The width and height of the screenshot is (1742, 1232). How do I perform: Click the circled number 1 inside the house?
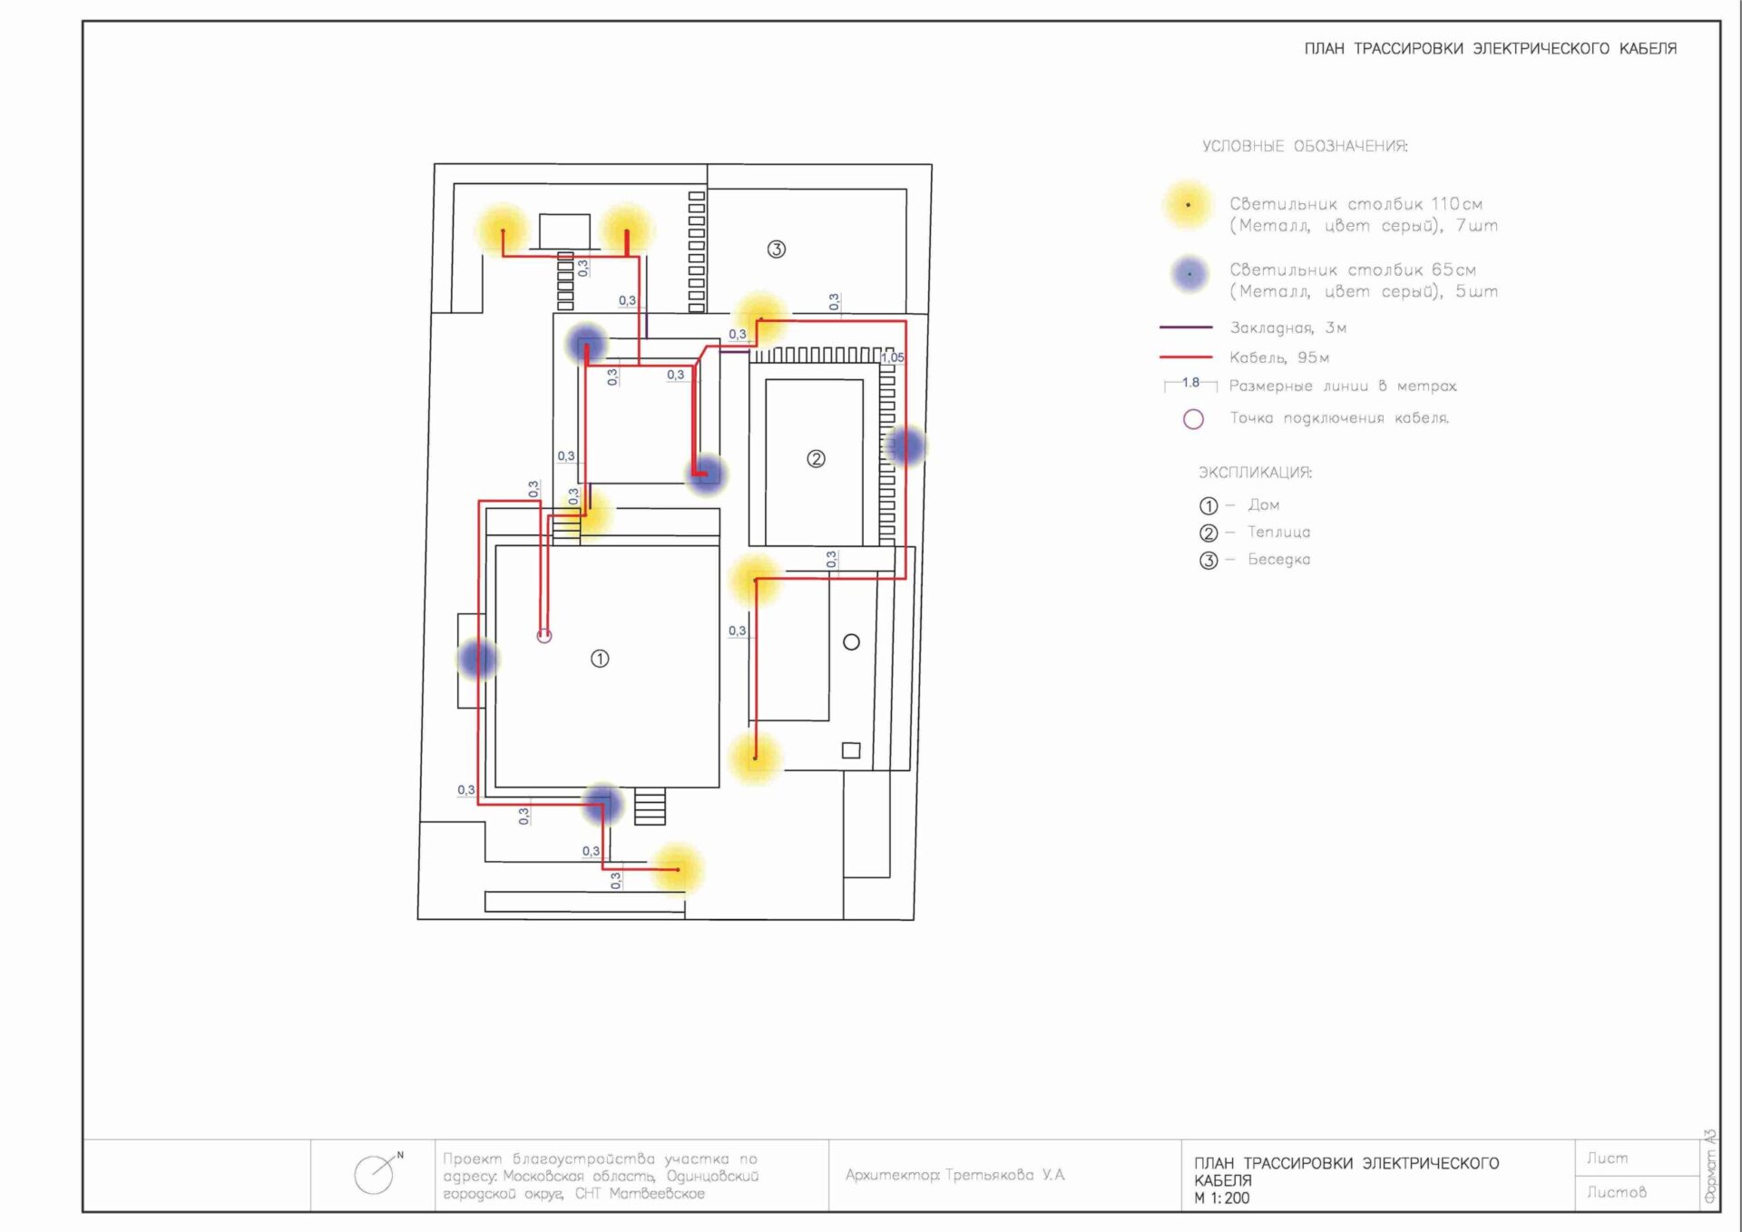point(600,659)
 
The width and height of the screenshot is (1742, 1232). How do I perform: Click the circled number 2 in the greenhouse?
point(816,459)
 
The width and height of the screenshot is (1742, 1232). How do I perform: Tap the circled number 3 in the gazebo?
point(776,249)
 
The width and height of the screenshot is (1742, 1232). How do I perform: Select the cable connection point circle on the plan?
point(544,636)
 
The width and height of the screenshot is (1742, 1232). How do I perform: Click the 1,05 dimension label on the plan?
point(893,357)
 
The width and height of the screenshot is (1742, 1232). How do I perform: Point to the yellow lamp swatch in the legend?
point(1188,205)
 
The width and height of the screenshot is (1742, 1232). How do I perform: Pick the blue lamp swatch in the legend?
point(1189,273)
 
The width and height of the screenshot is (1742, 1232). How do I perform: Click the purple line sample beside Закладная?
point(1186,327)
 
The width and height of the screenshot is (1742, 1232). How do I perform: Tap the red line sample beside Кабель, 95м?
point(1186,357)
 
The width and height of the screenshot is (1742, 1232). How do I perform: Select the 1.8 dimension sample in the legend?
point(1190,384)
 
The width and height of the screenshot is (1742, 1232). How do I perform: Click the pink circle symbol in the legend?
point(1193,419)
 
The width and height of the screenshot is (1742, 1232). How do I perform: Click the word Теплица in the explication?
point(1278,532)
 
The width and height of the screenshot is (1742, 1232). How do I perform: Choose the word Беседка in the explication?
point(1278,559)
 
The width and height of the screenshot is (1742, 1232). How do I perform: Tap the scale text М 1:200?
point(1221,1198)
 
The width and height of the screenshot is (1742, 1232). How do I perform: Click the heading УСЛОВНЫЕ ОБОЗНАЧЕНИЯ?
point(1305,146)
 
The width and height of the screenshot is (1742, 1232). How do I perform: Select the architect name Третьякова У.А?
point(1004,1175)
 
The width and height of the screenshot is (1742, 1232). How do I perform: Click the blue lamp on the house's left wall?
point(477,659)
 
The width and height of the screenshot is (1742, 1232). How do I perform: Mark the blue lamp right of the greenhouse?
point(905,445)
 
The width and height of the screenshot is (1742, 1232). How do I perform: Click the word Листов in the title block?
point(1616,1192)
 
